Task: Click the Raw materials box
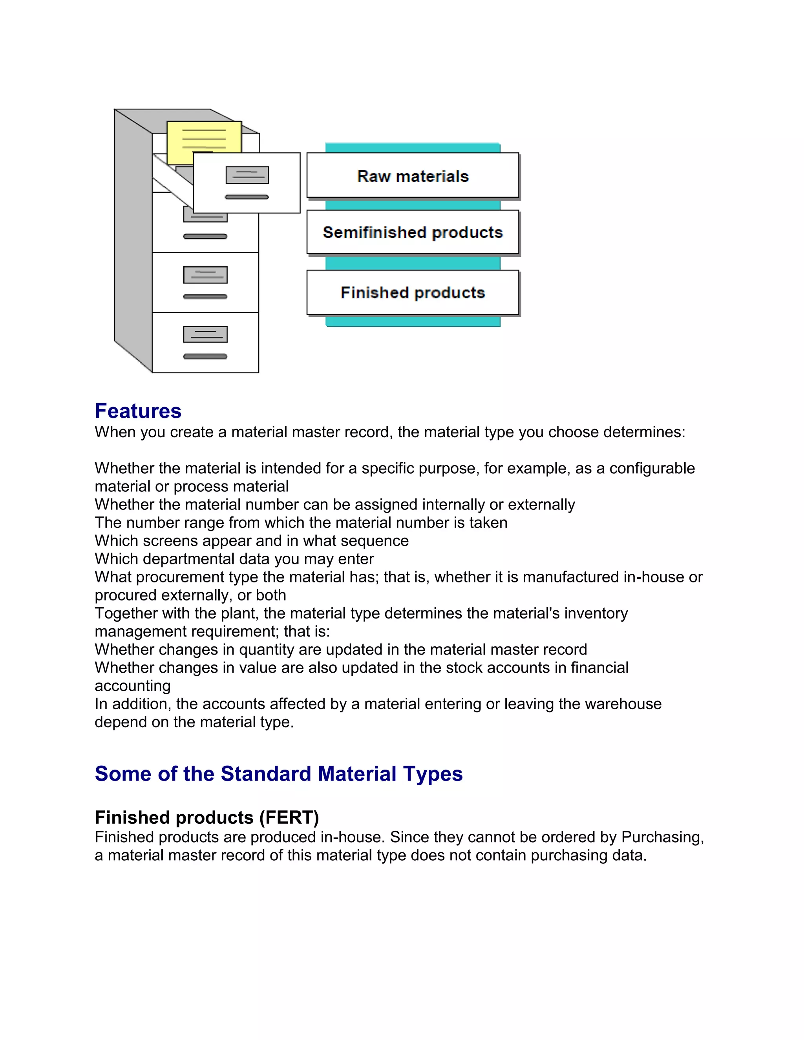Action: pos(413,176)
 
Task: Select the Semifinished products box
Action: pos(413,232)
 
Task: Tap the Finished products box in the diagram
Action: pos(413,292)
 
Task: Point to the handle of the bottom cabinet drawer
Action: pos(205,357)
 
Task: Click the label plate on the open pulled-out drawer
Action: pos(247,175)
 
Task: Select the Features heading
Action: pos(138,411)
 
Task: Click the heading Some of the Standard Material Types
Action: pos(279,774)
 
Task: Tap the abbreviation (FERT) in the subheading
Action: pos(289,817)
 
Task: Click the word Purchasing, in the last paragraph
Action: pos(663,837)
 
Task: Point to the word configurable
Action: pos(652,468)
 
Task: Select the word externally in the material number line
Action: pos(541,504)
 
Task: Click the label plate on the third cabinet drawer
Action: pos(205,274)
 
